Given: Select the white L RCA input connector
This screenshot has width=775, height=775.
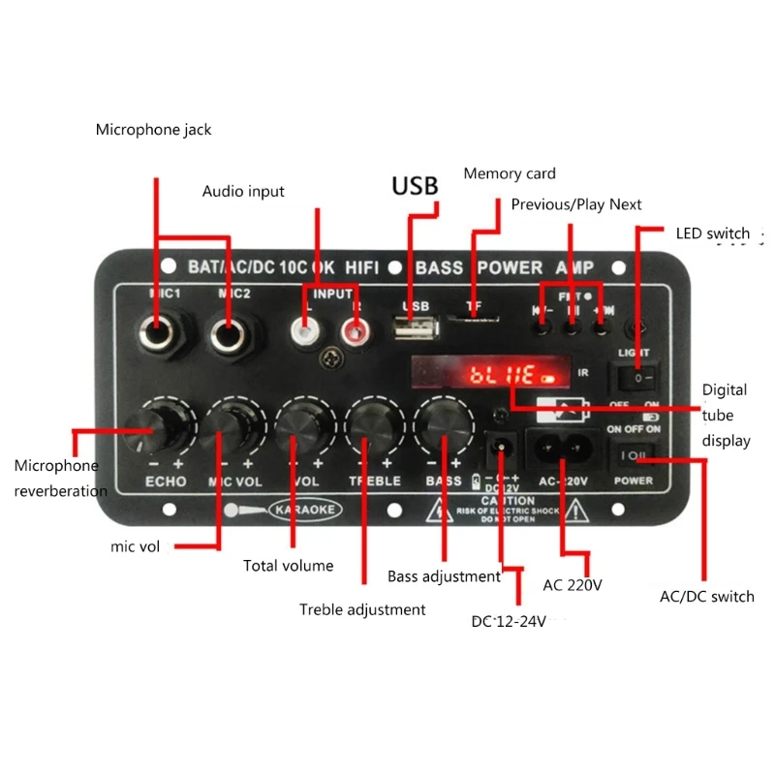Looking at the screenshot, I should [306, 334].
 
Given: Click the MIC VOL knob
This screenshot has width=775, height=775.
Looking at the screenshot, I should [230, 423].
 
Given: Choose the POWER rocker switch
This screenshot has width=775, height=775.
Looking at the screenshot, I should [630, 453].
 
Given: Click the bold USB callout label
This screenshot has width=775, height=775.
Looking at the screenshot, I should [415, 185].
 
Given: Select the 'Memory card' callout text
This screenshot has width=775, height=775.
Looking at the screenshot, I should [510, 173].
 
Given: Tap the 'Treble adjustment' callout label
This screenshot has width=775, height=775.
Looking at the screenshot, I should [362, 609].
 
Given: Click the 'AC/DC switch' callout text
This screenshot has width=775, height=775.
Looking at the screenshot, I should [707, 596].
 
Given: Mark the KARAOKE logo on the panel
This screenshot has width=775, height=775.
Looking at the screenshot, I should [300, 509].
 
